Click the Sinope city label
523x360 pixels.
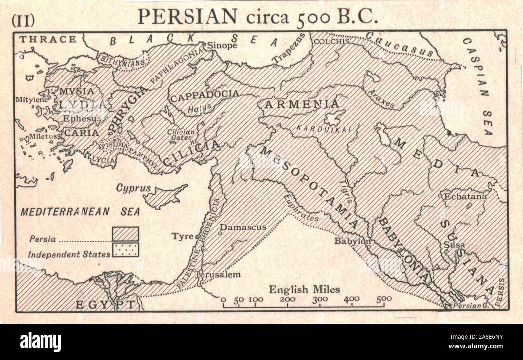pos(222,45)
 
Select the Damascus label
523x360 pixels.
pos(243,227)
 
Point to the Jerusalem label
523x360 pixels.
pos(220,275)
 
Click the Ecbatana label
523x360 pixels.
pos(465,197)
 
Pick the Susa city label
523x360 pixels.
pos(454,245)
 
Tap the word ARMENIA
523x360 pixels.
pos(301,104)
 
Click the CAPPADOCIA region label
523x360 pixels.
pos(204,95)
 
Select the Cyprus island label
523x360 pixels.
pos(134,188)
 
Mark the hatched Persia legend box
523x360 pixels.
pos(126,234)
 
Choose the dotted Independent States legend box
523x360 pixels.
pos(126,249)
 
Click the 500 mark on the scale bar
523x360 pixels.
pos(384,299)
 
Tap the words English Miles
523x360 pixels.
pos(305,289)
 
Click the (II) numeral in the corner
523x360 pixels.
pos(23,20)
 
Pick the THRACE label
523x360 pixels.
pos(48,39)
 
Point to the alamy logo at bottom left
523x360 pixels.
pos(41,342)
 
